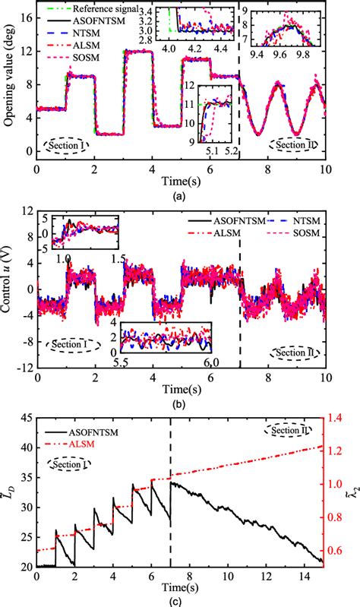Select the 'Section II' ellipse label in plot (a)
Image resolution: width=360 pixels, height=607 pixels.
pyautogui.click(x=297, y=145)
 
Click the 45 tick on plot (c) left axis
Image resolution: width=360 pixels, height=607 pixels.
pyautogui.click(x=26, y=417)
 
